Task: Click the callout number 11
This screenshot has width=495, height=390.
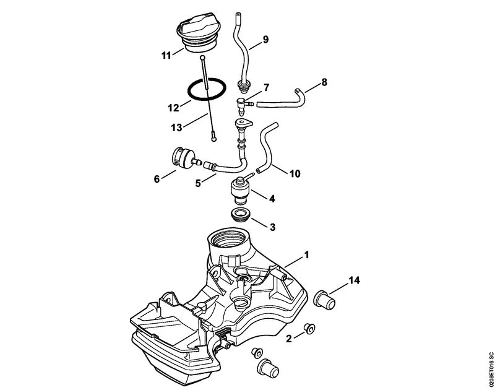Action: pyautogui.click(x=166, y=56)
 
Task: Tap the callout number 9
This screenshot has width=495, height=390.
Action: pyautogui.click(x=265, y=40)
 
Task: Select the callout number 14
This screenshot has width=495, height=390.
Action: pyautogui.click(x=354, y=280)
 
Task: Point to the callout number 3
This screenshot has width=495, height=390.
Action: pyautogui.click(x=272, y=227)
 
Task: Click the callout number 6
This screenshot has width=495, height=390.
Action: pyautogui.click(x=157, y=179)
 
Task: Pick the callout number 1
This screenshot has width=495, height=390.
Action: pyautogui.click(x=306, y=255)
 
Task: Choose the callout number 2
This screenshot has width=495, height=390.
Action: pyautogui.click(x=289, y=339)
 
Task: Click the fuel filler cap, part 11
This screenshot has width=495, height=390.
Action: pyautogui.click(x=196, y=32)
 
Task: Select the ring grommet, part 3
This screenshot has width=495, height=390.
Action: pyautogui.click(x=241, y=214)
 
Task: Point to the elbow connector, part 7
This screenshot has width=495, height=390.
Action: pyautogui.click(x=244, y=105)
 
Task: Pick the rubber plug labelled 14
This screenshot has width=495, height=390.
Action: pyautogui.click(x=324, y=298)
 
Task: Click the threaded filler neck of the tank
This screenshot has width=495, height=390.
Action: pyautogui.click(x=228, y=239)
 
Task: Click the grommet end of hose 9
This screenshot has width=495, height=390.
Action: pyautogui.click(x=243, y=86)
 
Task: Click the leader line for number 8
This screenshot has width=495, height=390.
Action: pyautogui.click(x=312, y=87)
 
